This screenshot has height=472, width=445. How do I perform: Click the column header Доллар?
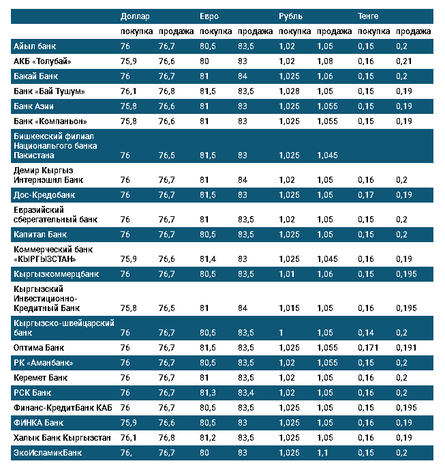[x=135, y=16]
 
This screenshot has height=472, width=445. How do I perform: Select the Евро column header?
[x=209, y=16]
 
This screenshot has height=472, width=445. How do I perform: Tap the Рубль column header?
[x=291, y=16]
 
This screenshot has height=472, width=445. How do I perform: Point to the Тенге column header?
[x=369, y=16]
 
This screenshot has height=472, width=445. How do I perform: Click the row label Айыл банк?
[x=34, y=46]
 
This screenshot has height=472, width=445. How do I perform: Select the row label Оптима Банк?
[x=40, y=347]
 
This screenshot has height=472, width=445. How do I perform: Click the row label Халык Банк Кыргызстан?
[x=62, y=437]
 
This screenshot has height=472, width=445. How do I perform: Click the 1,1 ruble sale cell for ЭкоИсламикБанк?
[x=322, y=452]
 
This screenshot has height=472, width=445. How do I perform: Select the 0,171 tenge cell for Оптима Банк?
[x=369, y=347]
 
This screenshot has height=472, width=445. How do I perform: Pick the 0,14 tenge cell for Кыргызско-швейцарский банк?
[x=366, y=333]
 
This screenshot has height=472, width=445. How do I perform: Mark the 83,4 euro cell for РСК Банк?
[x=247, y=392]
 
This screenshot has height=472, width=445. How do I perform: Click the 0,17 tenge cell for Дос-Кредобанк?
[x=366, y=195]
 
